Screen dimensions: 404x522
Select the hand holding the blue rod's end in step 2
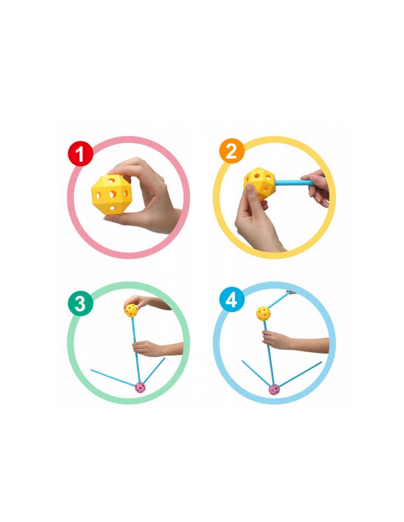click(316, 187)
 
